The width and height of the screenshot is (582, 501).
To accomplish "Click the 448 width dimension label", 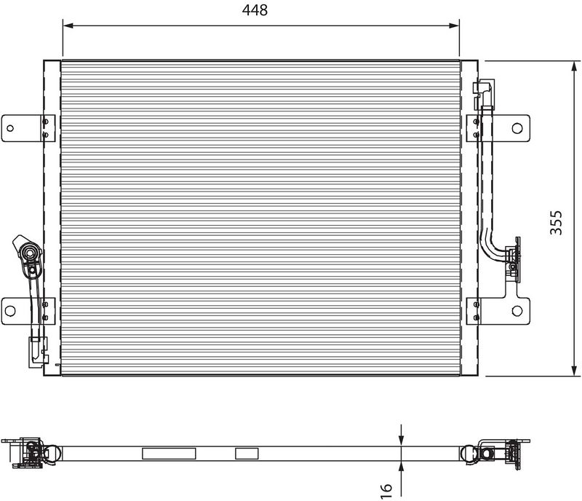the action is [x=255, y=10].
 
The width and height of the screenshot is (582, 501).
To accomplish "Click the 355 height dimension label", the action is [x=557, y=223].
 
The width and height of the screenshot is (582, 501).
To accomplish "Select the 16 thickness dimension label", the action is [x=386, y=491].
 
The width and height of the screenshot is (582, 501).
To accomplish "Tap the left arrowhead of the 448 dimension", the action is [x=68, y=25].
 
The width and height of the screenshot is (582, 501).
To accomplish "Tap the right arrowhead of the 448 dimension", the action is [x=454, y=25].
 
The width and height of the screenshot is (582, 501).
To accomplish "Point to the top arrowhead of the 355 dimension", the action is [x=575, y=67].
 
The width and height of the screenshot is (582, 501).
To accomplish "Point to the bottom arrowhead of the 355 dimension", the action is [x=575, y=370].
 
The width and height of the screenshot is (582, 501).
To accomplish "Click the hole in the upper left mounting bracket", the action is [x=10, y=128].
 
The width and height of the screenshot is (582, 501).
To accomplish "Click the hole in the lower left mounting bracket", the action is [x=10, y=311].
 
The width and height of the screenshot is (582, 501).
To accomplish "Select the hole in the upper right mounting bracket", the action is [x=517, y=128].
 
